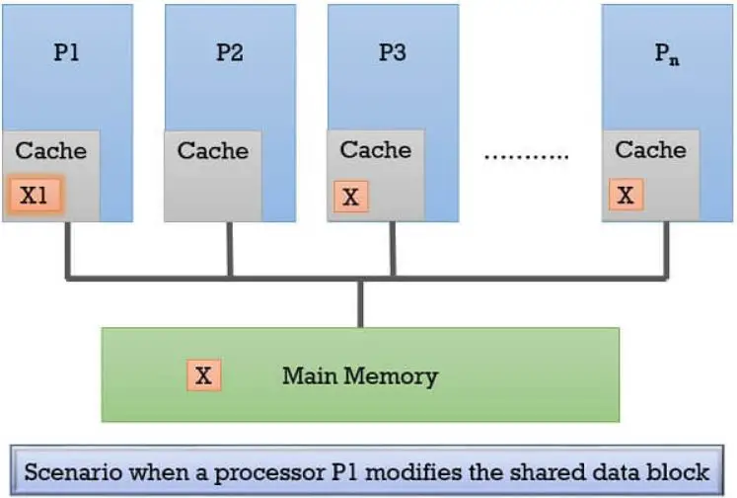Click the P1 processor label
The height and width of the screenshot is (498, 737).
(x=66, y=52)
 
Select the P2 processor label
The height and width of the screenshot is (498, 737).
(x=229, y=52)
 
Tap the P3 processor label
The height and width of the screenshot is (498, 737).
(x=392, y=52)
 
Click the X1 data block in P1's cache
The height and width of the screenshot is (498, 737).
(x=35, y=196)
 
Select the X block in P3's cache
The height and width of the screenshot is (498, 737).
(x=350, y=197)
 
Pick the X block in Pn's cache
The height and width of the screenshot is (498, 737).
(x=625, y=195)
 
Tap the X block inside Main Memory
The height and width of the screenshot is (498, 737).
(x=204, y=375)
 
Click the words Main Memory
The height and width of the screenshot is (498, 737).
(x=359, y=376)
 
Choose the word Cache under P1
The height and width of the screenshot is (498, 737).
(x=51, y=151)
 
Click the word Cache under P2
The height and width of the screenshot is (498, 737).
(x=213, y=151)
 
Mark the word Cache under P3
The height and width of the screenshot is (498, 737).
(x=376, y=150)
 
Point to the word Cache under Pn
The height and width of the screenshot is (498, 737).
(x=650, y=150)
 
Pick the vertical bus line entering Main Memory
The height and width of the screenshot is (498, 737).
(x=360, y=302)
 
